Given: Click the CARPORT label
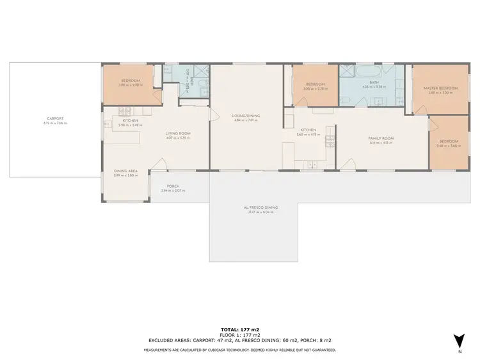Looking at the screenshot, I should (x=55, y=119).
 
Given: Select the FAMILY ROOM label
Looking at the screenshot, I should (x=380, y=138).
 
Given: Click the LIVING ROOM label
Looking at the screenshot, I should (x=178, y=133).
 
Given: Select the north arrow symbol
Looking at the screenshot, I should (x=458, y=341).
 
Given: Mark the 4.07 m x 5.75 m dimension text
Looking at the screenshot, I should (x=178, y=138).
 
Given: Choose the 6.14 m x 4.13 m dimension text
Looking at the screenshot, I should (x=380, y=143).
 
